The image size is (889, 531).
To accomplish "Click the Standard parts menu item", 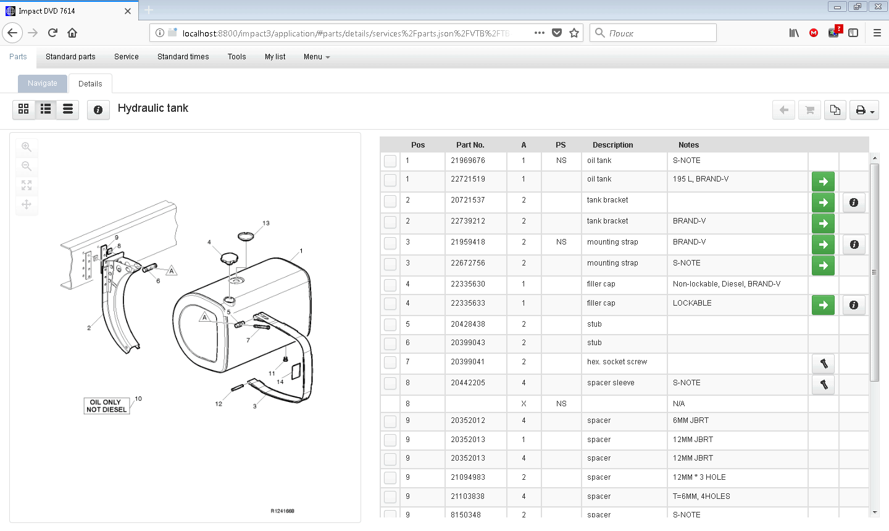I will click(x=70, y=57).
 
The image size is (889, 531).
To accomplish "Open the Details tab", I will click(x=90, y=84).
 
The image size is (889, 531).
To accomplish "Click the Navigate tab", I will click(x=42, y=83).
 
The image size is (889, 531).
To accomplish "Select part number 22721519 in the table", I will click(x=467, y=179).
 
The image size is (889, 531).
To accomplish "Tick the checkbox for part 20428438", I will click(x=390, y=325).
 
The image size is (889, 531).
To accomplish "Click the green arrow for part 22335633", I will click(x=823, y=304).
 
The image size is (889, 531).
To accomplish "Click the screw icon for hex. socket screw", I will click(x=823, y=364).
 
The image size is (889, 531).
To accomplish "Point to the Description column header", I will click(x=612, y=145).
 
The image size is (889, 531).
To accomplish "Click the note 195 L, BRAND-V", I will click(x=701, y=179).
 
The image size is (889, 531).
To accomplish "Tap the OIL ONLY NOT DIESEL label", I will click(x=107, y=406).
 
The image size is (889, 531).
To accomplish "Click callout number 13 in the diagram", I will click(x=266, y=224).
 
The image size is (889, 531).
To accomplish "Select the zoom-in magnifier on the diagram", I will click(x=27, y=147).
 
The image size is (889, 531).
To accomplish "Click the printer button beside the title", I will click(x=864, y=110).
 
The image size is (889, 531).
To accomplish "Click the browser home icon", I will click(x=72, y=33).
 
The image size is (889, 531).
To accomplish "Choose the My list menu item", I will click(x=275, y=57).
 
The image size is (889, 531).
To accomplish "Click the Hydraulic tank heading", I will click(x=153, y=108).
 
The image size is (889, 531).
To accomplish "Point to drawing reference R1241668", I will click(x=283, y=511).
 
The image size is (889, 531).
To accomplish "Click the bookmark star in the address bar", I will click(x=574, y=33).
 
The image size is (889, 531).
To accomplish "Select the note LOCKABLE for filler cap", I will click(x=692, y=303).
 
